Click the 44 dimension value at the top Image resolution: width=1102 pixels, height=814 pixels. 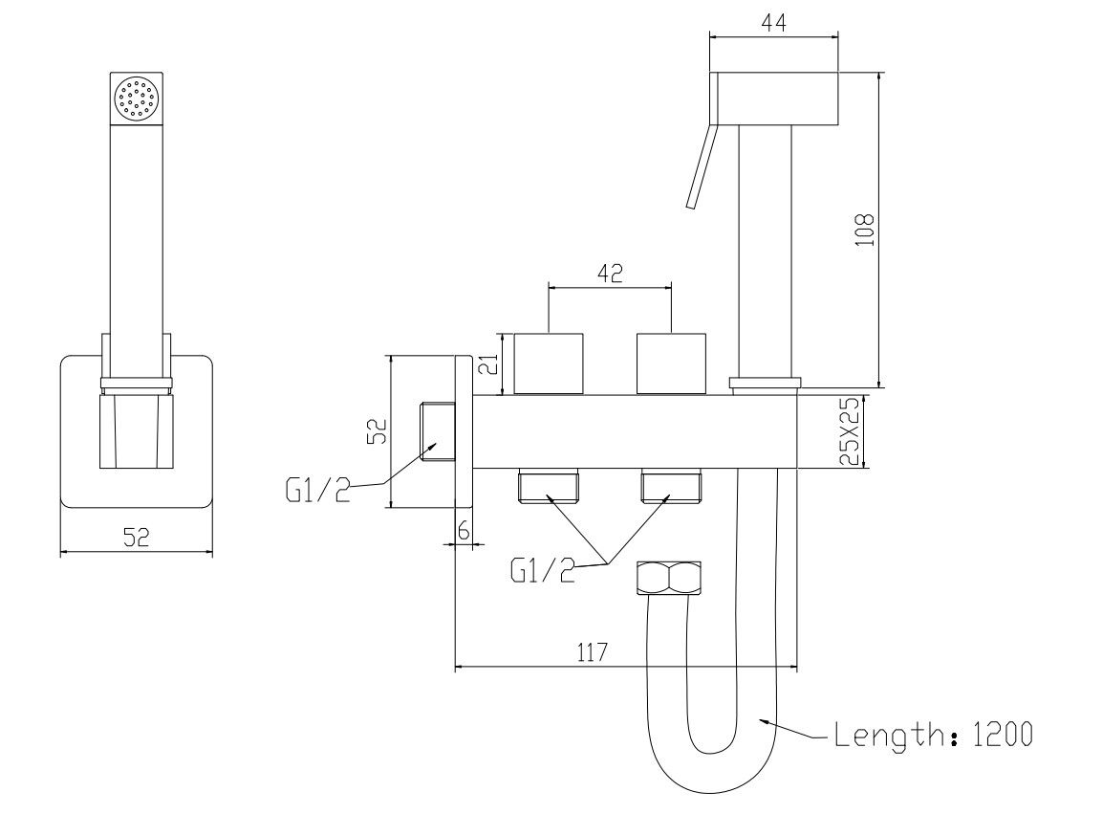click(x=773, y=23)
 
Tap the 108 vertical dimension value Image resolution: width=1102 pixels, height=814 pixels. click(x=864, y=231)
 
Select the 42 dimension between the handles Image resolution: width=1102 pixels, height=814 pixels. click(x=610, y=273)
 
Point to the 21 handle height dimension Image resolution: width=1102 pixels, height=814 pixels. click(x=491, y=363)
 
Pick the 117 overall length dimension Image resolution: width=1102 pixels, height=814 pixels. click(x=592, y=653)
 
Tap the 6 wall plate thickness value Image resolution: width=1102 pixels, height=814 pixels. click(x=464, y=531)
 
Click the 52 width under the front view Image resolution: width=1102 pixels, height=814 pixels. click(x=137, y=538)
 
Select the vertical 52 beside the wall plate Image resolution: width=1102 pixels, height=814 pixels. click(x=378, y=430)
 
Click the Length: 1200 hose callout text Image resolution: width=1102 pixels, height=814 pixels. click(x=934, y=735)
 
